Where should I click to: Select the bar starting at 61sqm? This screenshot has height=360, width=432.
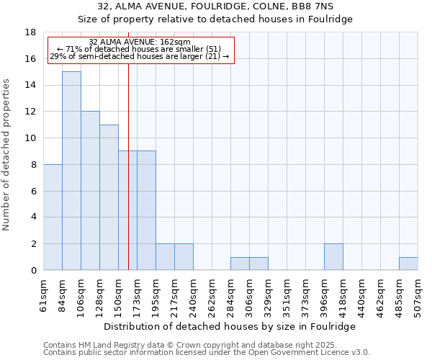pyautogui.click(x=53, y=217)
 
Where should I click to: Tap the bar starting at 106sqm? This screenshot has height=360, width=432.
pyautogui.click(x=90, y=191)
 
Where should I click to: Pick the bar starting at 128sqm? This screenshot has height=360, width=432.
pyautogui.click(x=109, y=197)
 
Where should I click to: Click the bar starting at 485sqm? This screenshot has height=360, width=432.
pyautogui.click(x=408, y=264)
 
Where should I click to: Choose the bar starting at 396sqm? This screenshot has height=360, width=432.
pyautogui.click(x=333, y=257)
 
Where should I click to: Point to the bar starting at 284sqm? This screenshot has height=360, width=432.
pyautogui.click(x=240, y=264)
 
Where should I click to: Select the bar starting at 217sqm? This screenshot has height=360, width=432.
pyautogui.click(x=184, y=257)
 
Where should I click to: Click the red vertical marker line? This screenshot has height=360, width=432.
pyautogui.click(x=128, y=180)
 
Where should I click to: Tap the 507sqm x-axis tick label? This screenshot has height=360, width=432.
pyautogui.click(x=418, y=296)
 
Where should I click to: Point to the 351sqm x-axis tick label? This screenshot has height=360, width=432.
pyautogui.click(x=287, y=296)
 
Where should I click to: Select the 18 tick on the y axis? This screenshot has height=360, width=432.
pyautogui.click(x=31, y=32)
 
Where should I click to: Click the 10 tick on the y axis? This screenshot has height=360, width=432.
pyautogui.click(x=31, y=138)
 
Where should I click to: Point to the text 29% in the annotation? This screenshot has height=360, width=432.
pyautogui.click(x=57, y=56)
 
